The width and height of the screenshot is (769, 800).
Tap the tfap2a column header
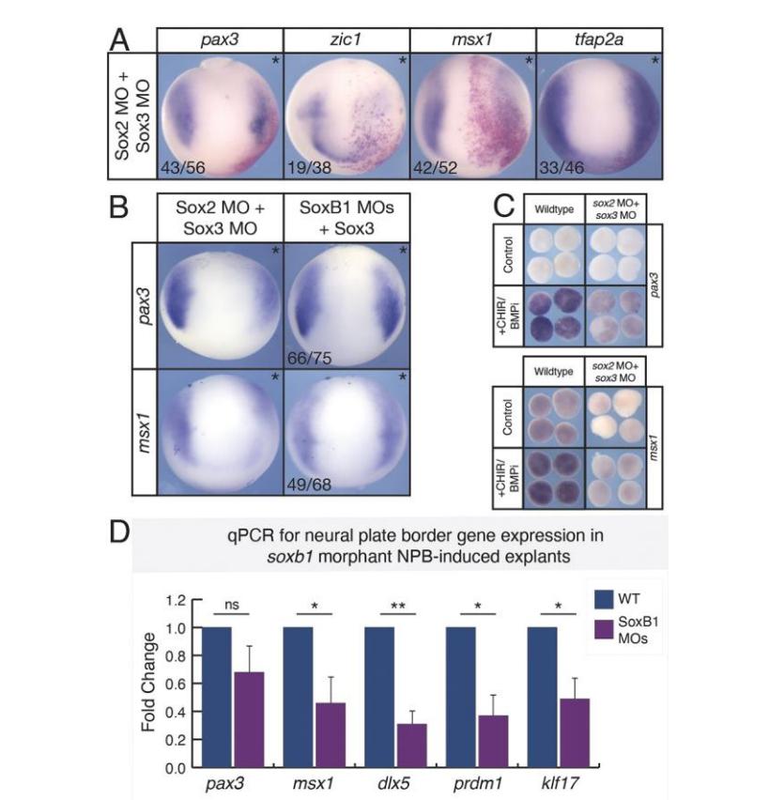(x=599, y=39)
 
